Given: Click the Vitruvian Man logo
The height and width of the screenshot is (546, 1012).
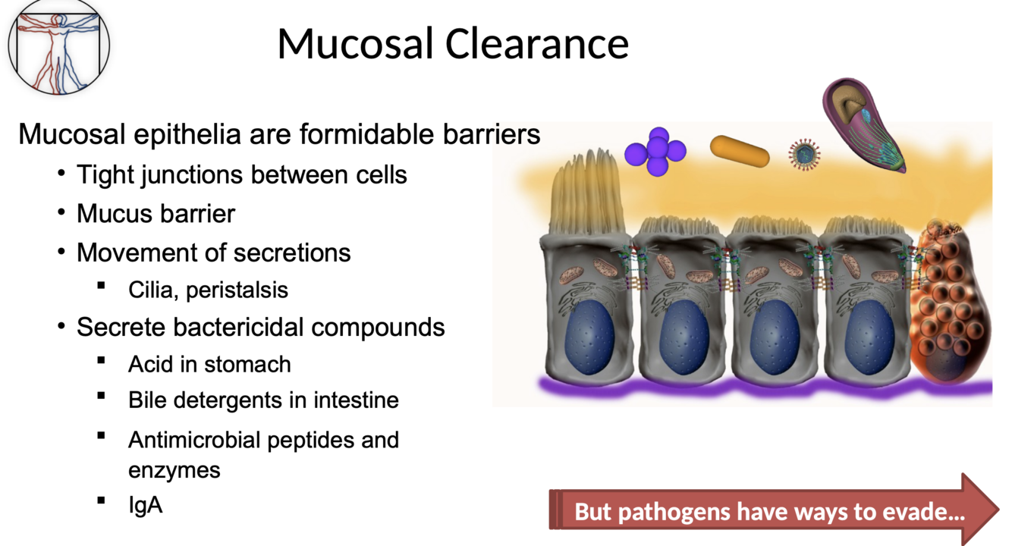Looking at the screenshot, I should [x=58, y=43].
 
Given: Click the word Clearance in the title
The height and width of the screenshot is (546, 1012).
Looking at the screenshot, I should [x=536, y=44].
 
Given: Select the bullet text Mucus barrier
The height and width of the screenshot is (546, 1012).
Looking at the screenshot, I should [x=156, y=214].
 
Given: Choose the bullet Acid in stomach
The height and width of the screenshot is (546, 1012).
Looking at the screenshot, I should [x=209, y=364].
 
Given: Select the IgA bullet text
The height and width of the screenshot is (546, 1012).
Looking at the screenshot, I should [x=145, y=505].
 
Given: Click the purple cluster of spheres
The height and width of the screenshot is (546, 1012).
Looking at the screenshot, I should [x=655, y=152].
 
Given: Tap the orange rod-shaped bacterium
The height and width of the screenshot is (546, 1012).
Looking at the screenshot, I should [x=740, y=152].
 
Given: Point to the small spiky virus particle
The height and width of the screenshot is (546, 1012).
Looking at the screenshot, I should [x=805, y=154].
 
